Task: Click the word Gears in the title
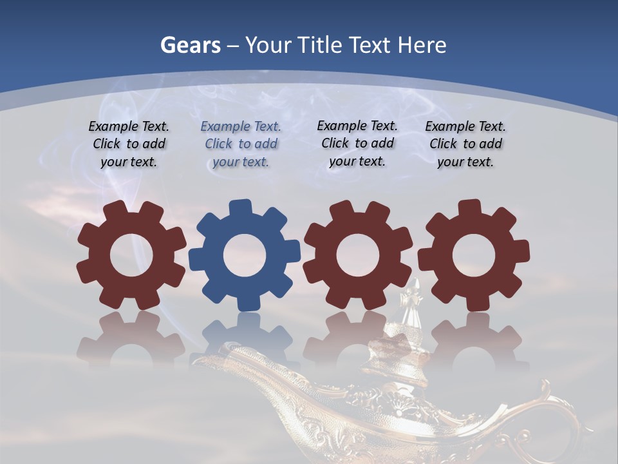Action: click(x=191, y=45)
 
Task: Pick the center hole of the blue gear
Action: click(x=245, y=255)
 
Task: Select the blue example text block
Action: click(x=241, y=144)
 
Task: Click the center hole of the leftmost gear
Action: click(x=131, y=255)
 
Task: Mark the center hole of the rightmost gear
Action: click(x=473, y=255)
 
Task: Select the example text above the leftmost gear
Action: click(x=129, y=144)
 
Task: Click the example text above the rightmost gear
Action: click(x=465, y=144)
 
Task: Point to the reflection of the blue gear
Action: click(x=245, y=335)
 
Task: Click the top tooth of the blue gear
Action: click(x=239, y=208)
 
